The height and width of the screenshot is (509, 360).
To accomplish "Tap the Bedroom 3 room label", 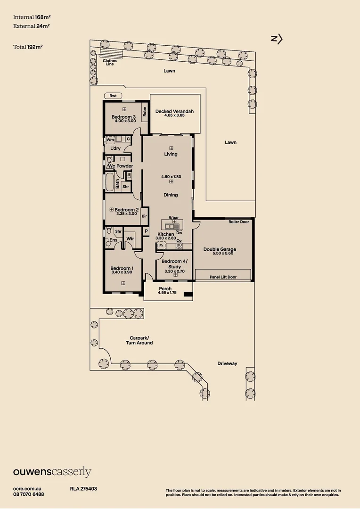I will (x=124, y=117).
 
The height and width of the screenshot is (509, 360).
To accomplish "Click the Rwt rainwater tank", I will (x=113, y=96).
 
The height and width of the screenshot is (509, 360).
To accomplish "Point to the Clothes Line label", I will (x=110, y=62).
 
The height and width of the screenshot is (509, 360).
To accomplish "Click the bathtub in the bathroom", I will (x=110, y=182).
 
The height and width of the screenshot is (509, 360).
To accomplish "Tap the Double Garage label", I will (x=220, y=249).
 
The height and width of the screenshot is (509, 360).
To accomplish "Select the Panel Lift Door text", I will (x=223, y=277).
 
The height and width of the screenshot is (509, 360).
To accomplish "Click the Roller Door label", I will (x=238, y=222).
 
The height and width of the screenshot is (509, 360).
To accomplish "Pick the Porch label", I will (x=165, y=288).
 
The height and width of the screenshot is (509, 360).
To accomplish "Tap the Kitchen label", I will (x=166, y=234).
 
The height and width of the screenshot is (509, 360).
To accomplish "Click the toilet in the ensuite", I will (x=108, y=231).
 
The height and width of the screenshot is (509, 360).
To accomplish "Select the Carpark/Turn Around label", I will (x=139, y=340).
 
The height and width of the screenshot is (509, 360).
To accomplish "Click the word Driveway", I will (x=227, y=363).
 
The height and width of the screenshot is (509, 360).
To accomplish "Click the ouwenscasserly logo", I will (x=52, y=472).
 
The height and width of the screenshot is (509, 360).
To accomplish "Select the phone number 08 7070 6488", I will (x=29, y=494).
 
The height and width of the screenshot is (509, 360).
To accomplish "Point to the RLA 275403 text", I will (x=83, y=489).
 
